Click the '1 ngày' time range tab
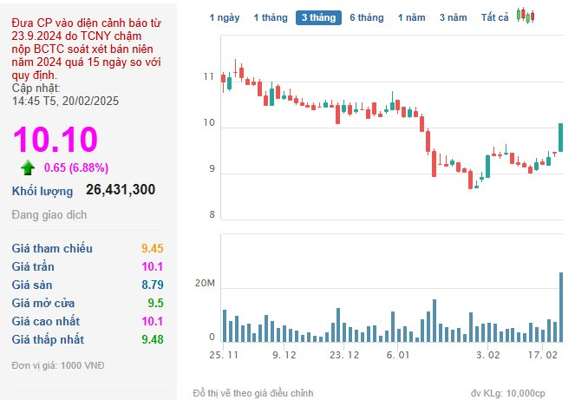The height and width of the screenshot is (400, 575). pyautogui.click(x=225, y=17)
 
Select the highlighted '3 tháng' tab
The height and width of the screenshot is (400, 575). pyautogui.click(x=318, y=17)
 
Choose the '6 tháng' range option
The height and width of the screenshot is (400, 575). pyautogui.click(x=366, y=17)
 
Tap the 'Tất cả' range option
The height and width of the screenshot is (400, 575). pyautogui.click(x=494, y=17)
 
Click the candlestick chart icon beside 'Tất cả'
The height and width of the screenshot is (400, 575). pyautogui.click(x=526, y=16)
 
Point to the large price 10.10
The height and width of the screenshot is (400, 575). pyautogui.click(x=56, y=139)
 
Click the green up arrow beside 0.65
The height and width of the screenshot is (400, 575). pyautogui.click(x=28, y=167)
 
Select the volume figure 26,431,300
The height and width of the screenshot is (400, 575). pyautogui.click(x=121, y=189)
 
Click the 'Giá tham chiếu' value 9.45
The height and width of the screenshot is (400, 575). pyautogui.click(x=152, y=248)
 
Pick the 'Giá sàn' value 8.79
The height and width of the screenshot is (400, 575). pyautogui.click(x=153, y=285)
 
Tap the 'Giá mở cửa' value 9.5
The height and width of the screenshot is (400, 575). pyautogui.click(x=155, y=303)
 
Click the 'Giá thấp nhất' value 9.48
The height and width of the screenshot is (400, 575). pyautogui.click(x=153, y=339)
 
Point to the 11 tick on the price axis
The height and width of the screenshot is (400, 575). pyautogui.click(x=209, y=76)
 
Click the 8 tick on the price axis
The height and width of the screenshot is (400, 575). pyautogui.click(x=212, y=214)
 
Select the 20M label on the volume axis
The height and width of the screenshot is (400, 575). pyautogui.click(x=205, y=283)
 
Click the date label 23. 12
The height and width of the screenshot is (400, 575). pyautogui.click(x=344, y=355)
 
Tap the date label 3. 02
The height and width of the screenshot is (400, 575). pyautogui.click(x=488, y=355)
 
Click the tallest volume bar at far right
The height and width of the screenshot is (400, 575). pyautogui.click(x=561, y=307)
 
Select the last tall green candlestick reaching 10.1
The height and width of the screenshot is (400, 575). pyautogui.click(x=561, y=137)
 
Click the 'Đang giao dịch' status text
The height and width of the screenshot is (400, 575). pyautogui.click(x=49, y=214)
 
